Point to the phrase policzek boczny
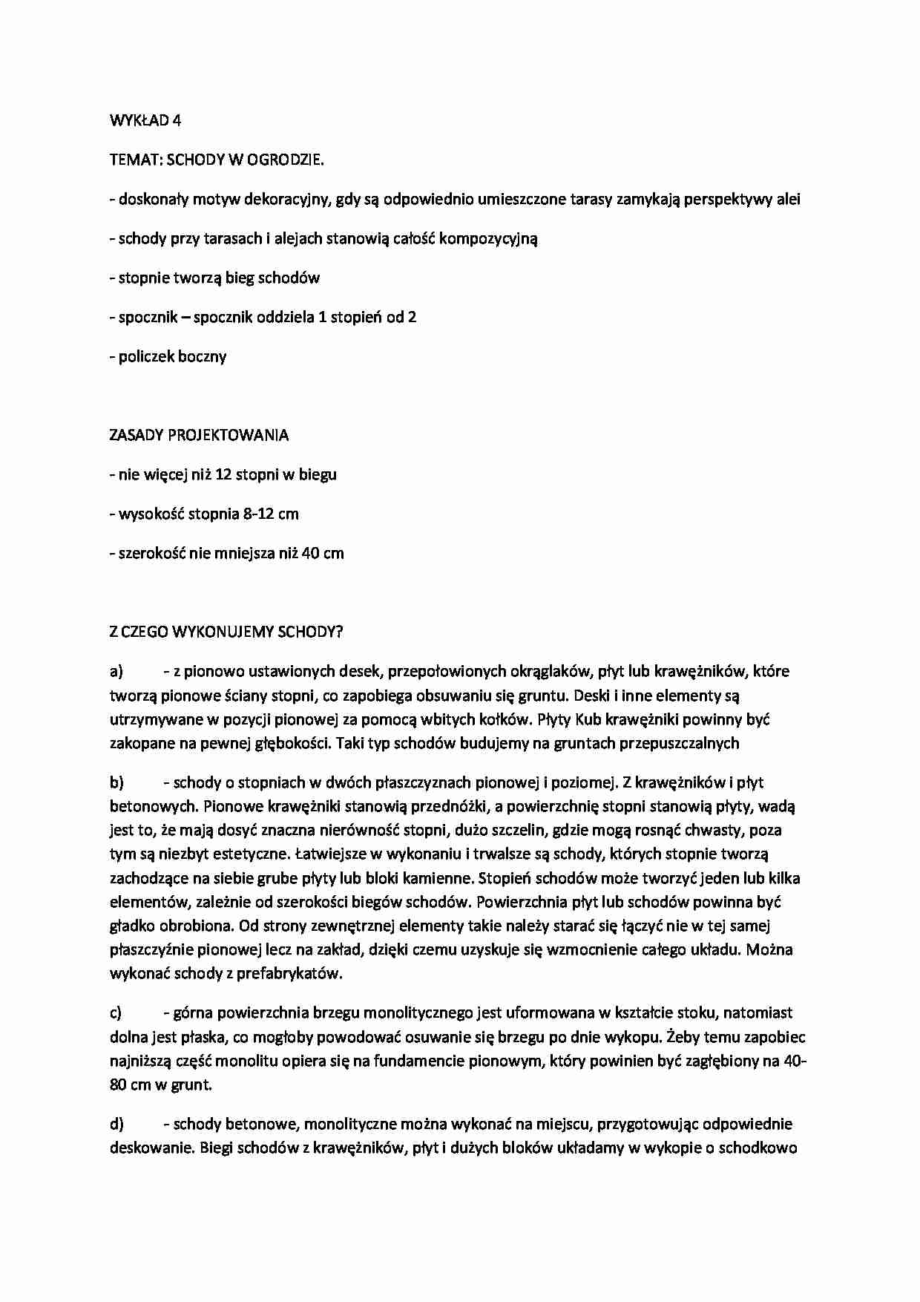click(x=172, y=357)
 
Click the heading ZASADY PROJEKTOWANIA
click(x=199, y=436)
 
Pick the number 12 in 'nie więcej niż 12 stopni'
click(x=223, y=475)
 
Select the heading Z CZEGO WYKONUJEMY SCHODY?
click(x=226, y=632)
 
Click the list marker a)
click(x=116, y=672)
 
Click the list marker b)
click(x=116, y=782)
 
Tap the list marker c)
click(x=116, y=1013)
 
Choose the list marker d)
click(x=116, y=1124)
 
